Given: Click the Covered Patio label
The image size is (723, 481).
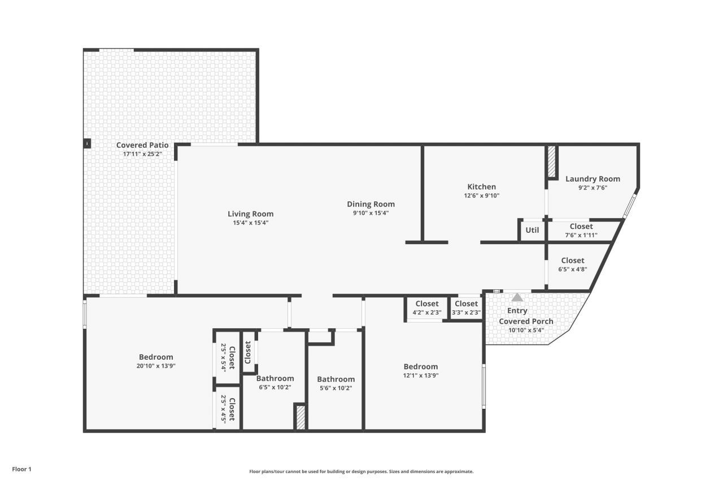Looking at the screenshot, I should click(142, 145).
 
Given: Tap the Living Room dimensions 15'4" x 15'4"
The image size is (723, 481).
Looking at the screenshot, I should click(250, 223).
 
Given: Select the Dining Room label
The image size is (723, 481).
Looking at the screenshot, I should click(371, 204).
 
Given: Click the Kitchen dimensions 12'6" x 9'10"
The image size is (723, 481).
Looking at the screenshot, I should click(481, 196).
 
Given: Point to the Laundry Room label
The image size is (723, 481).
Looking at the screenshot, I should click(593, 179).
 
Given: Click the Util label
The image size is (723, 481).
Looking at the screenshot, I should click(532, 230).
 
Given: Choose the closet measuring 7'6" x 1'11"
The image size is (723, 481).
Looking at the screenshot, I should click(581, 231).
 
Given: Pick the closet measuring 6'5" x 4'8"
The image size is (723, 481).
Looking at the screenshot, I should click(573, 264).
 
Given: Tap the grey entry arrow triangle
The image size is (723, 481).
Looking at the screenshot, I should click(517, 297).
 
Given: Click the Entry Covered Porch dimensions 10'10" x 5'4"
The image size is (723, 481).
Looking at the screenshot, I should click(526, 330).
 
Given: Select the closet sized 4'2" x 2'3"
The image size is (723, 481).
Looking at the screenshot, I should click(426, 308).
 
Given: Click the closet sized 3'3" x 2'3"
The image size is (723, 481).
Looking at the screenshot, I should click(466, 308).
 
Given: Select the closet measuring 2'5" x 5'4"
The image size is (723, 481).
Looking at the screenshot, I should click(227, 358).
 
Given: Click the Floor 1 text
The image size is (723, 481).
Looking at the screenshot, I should click(21, 469).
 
